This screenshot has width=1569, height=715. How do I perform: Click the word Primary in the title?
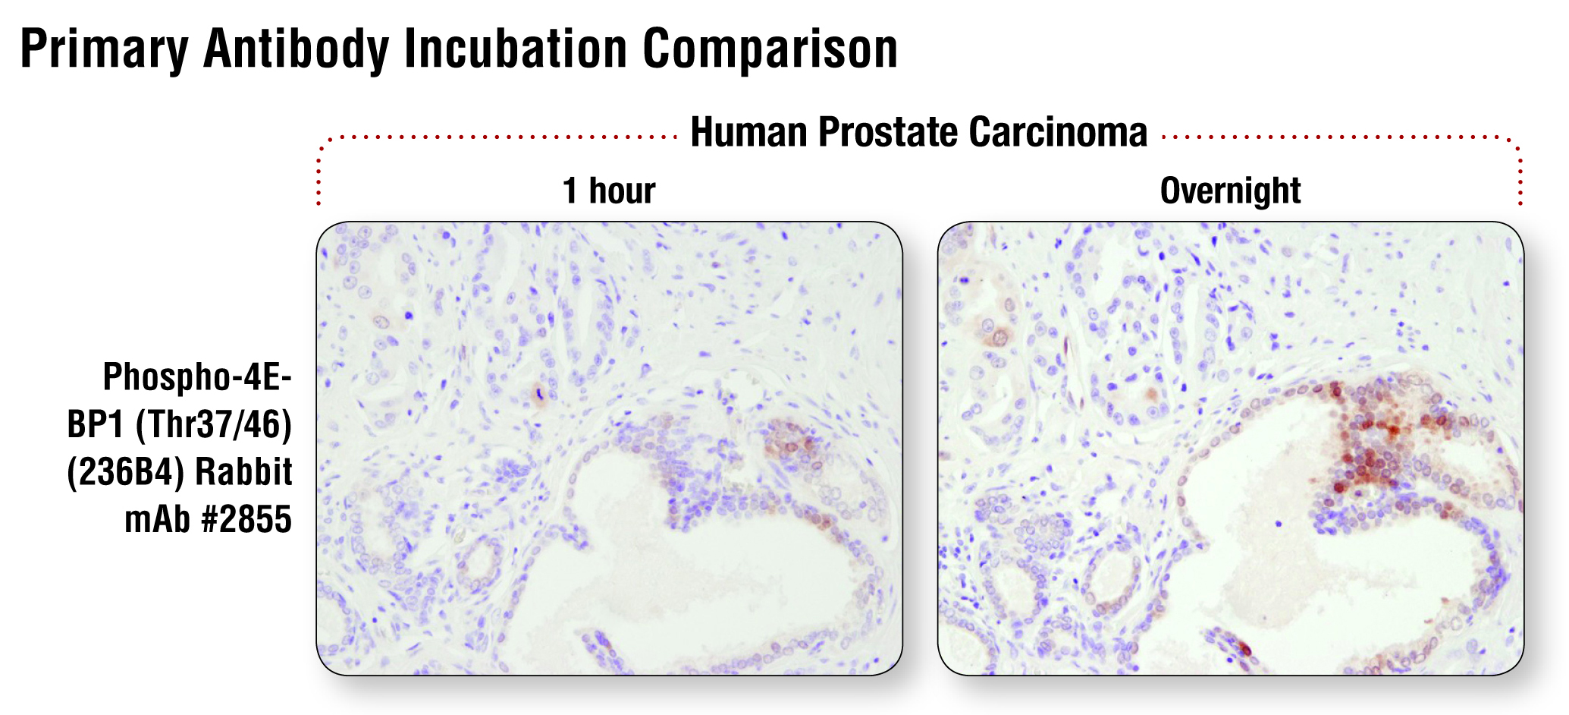105,49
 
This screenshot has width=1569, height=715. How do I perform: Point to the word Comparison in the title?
770,49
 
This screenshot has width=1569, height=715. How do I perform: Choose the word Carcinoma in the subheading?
1059,132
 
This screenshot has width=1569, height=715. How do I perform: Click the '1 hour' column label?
609,191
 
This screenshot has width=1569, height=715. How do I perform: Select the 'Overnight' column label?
1230,191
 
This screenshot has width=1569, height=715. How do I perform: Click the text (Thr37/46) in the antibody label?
214,425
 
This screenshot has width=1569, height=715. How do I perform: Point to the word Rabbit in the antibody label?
244,472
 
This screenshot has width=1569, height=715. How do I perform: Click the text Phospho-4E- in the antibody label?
197,377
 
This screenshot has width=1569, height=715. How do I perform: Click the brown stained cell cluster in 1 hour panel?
792,444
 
